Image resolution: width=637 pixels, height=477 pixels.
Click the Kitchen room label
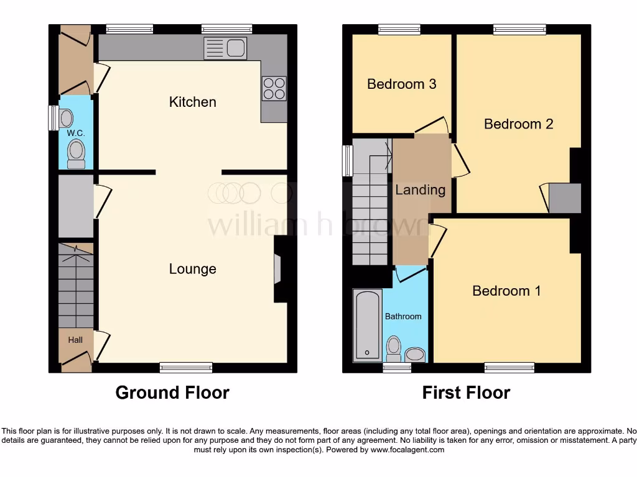[192, 102]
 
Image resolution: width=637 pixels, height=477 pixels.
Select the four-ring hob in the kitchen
[274, 88]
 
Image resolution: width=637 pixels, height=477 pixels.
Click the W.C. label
[75, 133]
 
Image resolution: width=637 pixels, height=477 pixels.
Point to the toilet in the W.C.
[76, 153]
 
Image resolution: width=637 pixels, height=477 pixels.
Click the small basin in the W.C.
[66, 118]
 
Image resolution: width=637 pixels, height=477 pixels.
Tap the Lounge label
[192, 269]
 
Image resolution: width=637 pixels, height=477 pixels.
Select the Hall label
[75, 340]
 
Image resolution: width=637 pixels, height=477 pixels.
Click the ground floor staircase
[75, 286]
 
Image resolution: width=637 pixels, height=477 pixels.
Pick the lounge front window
[185, 368]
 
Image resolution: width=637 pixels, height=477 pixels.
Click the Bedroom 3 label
[401, 84]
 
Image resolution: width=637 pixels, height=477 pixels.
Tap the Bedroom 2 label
[518, 124]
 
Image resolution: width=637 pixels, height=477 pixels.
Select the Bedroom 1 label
[506, 291]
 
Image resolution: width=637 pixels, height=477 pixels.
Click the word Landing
[420, 190]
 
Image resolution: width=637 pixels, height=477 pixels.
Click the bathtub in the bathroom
[367, 325]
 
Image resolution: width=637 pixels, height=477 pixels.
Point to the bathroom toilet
[393, 348]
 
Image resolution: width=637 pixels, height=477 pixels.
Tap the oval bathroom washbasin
[415, 355]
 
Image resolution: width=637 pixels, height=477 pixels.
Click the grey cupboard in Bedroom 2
[564, 198]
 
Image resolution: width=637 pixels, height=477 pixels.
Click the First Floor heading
[466, 393]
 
